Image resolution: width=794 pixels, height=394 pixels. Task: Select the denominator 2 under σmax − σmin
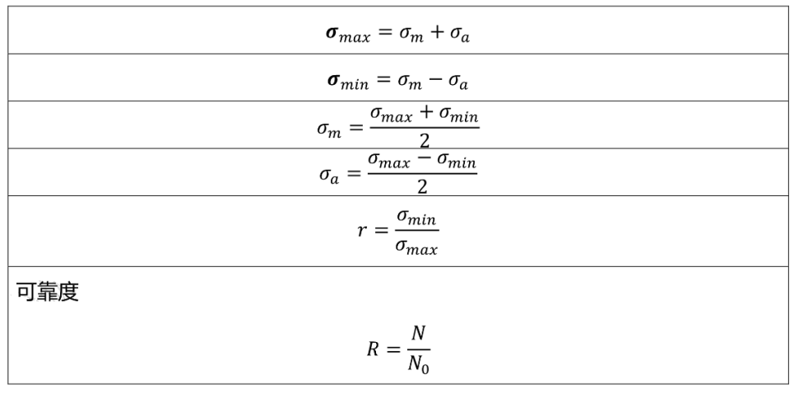422,188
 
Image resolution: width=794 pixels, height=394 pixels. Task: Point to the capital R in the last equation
372,349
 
